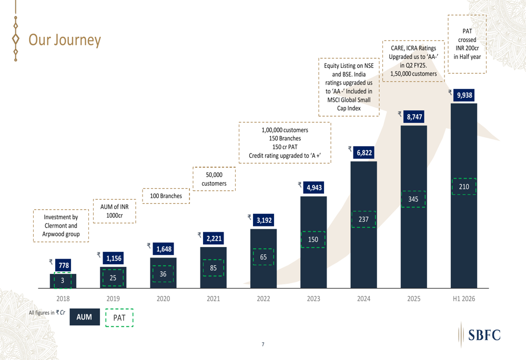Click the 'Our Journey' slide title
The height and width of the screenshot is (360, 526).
[x=64, y=39]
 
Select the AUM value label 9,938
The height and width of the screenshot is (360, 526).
[x=464, y=95]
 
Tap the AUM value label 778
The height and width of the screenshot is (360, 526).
[x=64, y=265]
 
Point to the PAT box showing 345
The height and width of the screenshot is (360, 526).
[x=413, y=199]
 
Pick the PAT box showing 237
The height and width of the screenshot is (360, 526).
[x=363, y=219]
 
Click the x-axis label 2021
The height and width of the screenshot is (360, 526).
[x=213, y=299]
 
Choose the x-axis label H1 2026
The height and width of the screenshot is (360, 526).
[x=463, y=299]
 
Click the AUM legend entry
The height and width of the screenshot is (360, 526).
[x=84, y=317]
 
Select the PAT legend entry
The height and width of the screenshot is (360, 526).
[x=119, y=317]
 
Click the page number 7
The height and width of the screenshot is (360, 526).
[x=263, y=344]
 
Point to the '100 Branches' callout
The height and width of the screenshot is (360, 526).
[x=166, y=196]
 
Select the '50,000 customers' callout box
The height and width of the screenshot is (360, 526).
[x=214, y=179]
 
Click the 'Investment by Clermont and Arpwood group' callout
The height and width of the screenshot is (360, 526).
[x=61, y=225]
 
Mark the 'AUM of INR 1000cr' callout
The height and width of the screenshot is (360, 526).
[x=114, y=211]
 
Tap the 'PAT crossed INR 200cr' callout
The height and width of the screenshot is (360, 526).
[x=467, y=44]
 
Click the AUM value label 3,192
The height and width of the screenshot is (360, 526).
[x=264, y=220]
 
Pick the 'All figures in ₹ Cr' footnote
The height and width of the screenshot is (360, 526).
[x=47, y=313]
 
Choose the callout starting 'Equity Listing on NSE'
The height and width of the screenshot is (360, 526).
[x=349, y=87]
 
